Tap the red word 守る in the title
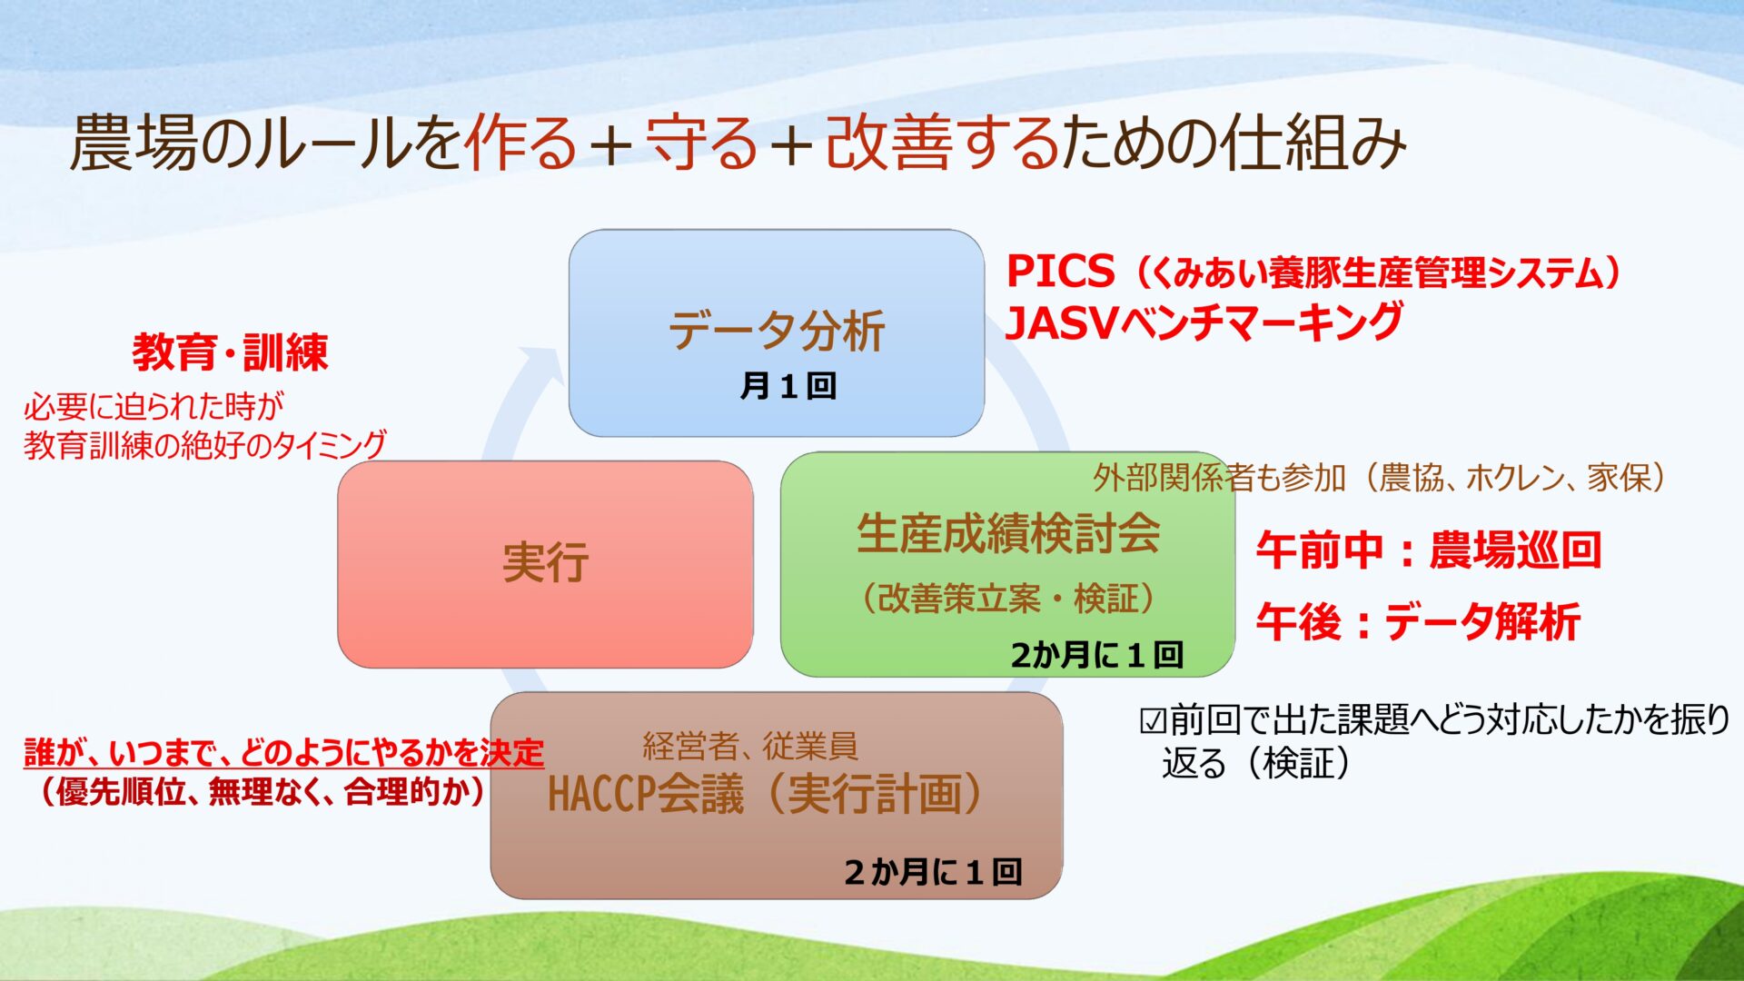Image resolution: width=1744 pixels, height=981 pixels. pyautogui.click(x=702, y=143)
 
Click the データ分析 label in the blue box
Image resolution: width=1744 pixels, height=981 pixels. pyautogui.click(x=777, y=330)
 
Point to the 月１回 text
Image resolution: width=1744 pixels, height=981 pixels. pyautogui.click(x=788, y=386)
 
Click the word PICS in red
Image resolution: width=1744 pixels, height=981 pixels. pyautogui.click(x=1060, y=271)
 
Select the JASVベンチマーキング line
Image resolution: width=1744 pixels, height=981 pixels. pyautogui.click(x=1204, y=322)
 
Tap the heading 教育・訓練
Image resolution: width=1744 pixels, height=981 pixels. pyautogui.click(x=230, y=352)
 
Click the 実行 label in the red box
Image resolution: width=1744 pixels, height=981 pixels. pyautogui.click(x=545, y=562)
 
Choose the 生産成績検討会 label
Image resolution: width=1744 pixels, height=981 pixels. pyautogui.click(x=1008, y=533)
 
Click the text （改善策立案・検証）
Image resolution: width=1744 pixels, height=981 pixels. pyautogui.click(x=1008, y=599)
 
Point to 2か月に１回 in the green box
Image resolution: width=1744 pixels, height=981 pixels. pyautogui.click(x=1096, y=655)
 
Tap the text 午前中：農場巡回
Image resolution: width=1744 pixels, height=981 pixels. pyautogui.click(x=1429, y=550)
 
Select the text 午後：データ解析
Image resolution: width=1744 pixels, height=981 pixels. pyautogui.click(x=1419, y=622)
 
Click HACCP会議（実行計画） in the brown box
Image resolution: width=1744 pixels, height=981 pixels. pyautogui.click(x=766, y=794)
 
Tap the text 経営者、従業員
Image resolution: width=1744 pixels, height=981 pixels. pyautogui.click(x=750, y=746)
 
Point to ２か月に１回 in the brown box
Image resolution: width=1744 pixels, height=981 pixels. pyautogui.click(x=933, y=872)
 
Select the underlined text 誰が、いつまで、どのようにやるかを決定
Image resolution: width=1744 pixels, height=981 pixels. pyautogui.click(x=283, y=753)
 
